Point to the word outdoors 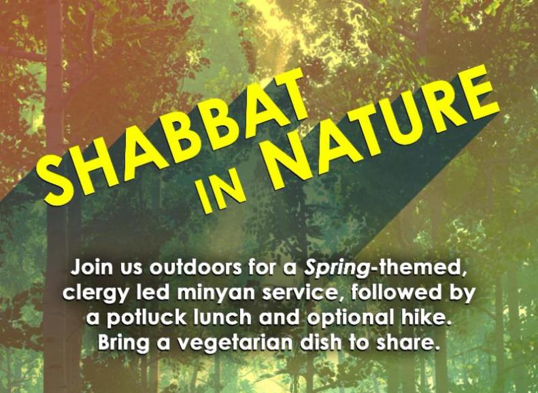[195, 268]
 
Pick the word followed [388, 292]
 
